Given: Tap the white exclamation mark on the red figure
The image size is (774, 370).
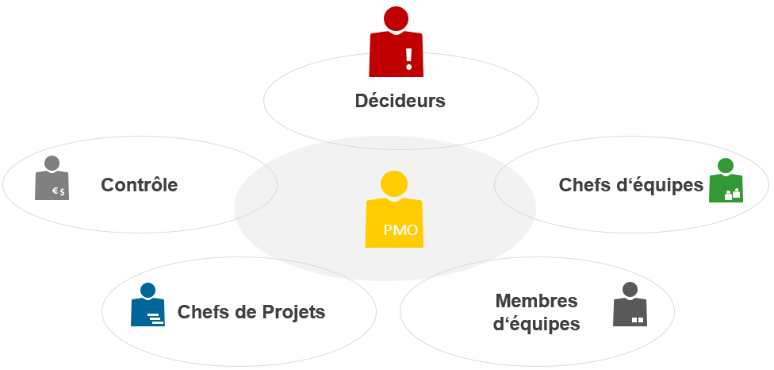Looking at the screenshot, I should (409, 57).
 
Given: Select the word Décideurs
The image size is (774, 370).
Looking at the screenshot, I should (400, 102).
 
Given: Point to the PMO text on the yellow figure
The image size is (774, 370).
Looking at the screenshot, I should (400, 231).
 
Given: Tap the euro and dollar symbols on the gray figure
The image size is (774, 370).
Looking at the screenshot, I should (59, 191).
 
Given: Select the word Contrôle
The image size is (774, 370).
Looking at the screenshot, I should (139, 185).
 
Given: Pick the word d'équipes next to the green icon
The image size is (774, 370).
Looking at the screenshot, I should (665, 185).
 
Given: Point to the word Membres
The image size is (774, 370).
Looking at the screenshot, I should (536, 301).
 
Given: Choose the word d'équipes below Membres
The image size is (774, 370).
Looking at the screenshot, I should (536, 324).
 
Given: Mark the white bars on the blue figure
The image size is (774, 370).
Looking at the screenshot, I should (154, 319).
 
